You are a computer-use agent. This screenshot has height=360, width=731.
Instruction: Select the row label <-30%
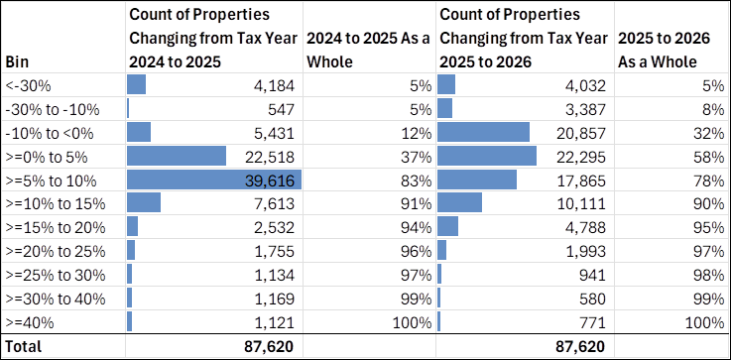click(27, 85)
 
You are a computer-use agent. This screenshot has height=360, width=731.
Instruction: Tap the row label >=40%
click(29, 322)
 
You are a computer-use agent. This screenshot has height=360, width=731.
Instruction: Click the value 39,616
click(273, 180)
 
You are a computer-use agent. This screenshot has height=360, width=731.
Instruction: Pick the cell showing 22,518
click(273, 156)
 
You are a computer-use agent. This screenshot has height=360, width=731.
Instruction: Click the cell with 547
click(282, 108)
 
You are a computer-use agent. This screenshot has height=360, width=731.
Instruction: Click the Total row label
click(25, 346)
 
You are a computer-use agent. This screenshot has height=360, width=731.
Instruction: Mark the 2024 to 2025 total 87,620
click(270, 346)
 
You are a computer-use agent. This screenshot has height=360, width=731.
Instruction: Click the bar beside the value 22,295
click(486, 156)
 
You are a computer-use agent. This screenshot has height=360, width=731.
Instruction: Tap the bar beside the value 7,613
click(144, 203)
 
